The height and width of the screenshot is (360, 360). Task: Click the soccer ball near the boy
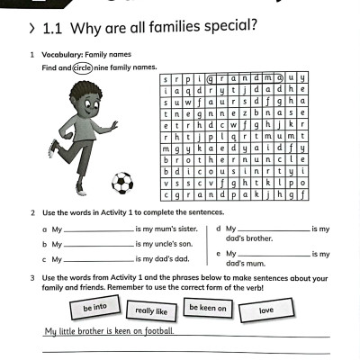pos(121,184)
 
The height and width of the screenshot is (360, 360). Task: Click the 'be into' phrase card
pos(94,308)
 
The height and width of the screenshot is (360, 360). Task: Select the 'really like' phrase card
pos(150,311)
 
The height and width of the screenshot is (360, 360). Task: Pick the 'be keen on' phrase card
pos(208,308)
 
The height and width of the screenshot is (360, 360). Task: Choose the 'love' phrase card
pos(266,310)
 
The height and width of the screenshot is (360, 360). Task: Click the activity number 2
pos(33,213)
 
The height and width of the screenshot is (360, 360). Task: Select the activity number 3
pos(33,278)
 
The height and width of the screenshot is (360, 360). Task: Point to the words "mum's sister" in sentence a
pos(178,229)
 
